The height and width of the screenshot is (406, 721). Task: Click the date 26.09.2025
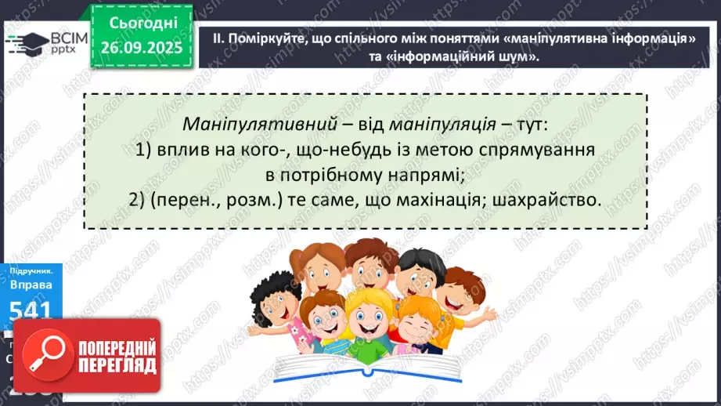click(140, 48)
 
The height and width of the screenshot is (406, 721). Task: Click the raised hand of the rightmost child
click(488, 311)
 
